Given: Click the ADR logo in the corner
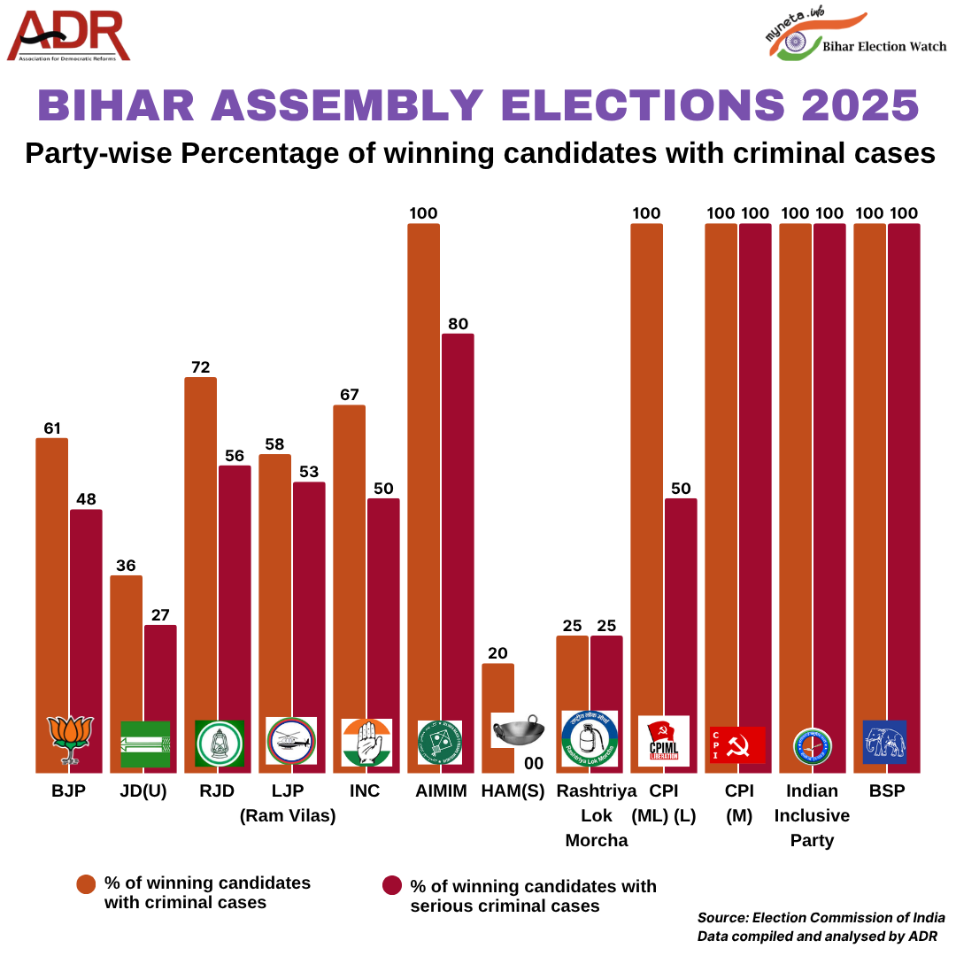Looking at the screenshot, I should pyautogui.click(x=69, y=36).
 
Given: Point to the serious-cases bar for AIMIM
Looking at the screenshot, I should pyautogui.click(x=458, y=531).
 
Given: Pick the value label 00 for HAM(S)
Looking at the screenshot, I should pyautogui.click(x=534, y=763).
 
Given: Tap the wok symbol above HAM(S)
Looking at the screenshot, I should pyautogui.click(x=518, y=730).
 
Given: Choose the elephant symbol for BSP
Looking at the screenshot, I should pyautogui.click(x=884, y=742).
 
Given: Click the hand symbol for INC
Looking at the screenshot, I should pyautogui.click(x=366, y=742).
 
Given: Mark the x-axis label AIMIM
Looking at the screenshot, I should pyautogui.click(x=441, y=791).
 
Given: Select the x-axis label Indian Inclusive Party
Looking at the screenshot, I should pyautogui.click(x=812, y=815).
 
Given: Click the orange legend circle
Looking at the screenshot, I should pyautogui.click(x=86, y=883).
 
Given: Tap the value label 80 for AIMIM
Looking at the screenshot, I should pyautogui.click(x=458, y=324).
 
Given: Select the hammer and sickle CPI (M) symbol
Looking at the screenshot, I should pyautogui.click(x=737, y=745).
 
